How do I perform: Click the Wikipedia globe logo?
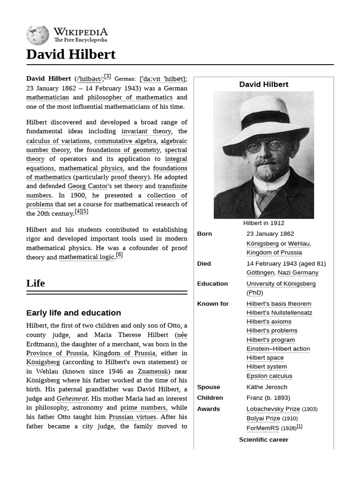[37, 35]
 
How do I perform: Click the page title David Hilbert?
[71, 54]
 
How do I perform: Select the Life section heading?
[36, 283]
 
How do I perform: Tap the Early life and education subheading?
[74, 313]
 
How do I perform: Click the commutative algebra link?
[125, 141]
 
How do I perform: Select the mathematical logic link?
[86, 257]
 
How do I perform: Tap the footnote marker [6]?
[120, 255]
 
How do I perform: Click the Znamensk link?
[153, 371]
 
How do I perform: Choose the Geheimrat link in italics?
[72, 398]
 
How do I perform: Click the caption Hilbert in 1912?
[263, 223]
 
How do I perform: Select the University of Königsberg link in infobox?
[281, 284]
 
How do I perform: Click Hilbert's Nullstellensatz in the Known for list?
[279, 313]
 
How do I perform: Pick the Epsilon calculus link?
[269, 376]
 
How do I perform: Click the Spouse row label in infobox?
[209, 387]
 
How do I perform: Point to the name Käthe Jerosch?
[267, 387]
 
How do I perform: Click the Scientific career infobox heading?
[263, 440]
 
